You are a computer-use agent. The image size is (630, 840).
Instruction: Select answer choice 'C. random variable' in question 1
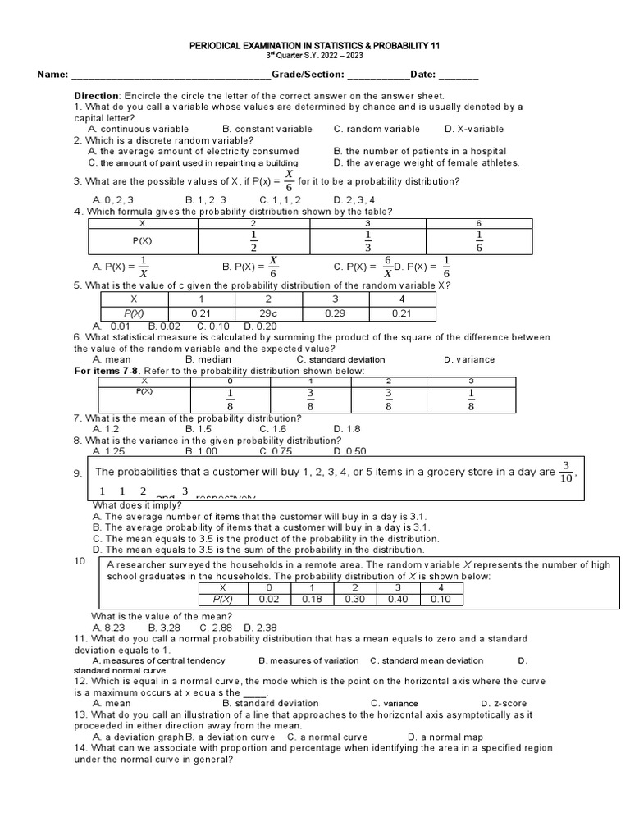pos(377,129)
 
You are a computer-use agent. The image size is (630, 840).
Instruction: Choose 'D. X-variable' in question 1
pos(474,129)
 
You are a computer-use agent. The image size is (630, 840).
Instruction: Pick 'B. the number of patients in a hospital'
pos(420,151)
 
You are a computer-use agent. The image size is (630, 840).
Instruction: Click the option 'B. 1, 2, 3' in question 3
pos(206,199)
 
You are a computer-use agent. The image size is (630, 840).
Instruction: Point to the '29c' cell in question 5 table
pos(268,314)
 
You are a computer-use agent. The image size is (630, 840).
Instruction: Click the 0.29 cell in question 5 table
pos(336,314)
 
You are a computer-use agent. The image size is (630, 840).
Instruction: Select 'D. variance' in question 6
pos(469,359)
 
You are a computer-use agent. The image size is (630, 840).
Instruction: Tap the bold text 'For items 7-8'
pos(108,371)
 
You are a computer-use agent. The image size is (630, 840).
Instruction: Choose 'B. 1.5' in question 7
pos(199,429)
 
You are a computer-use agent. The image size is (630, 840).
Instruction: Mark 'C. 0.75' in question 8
pos(276,451)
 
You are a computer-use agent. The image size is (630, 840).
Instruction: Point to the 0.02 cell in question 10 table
pos(268,600)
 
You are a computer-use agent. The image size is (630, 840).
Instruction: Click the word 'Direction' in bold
pos(98,96)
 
